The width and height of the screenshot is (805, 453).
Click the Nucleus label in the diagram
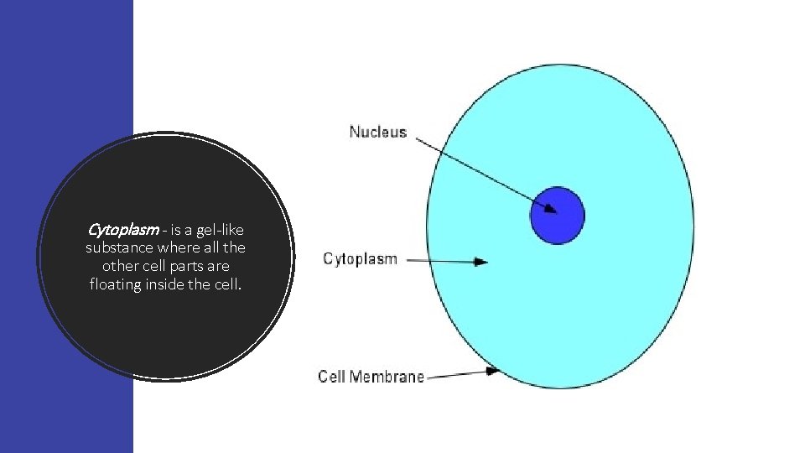[x=377, y=132]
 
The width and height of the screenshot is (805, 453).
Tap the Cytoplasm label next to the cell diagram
[x=360, y=259]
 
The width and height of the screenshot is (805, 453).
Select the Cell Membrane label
[x=371, y=377]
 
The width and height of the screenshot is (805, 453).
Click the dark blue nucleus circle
[x=557, y=216]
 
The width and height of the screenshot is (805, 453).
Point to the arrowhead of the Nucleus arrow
[x=550, y=210]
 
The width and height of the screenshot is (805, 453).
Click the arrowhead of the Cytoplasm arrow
[x=481, y=262]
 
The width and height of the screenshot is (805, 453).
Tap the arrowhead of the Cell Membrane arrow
[x=494, y=371]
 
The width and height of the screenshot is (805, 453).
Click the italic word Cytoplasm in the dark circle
[x=123, y=229]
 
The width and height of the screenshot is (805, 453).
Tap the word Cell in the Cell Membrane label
[x=333, y=377]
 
